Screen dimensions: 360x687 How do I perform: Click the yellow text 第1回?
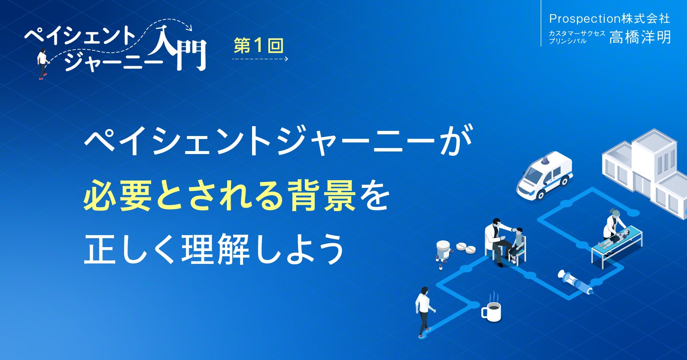click(x=258, y=45)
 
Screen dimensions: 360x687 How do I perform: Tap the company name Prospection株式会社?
click(x=609, y=18)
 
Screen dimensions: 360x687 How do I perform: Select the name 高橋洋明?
click(x=640, y=37)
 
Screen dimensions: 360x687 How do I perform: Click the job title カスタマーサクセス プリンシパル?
click(x=577, y=37)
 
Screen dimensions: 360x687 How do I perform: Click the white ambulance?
click(x=544, y=175)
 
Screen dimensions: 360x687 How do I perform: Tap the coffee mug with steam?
click(x=492, y=310)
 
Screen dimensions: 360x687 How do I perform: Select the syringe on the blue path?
click(x=575, y=281)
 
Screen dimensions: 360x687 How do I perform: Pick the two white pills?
click(x=466, y=248)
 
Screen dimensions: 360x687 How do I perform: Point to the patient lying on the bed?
click(x=618, y=237)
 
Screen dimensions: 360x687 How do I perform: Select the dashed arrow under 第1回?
click(x=260, y=59)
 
